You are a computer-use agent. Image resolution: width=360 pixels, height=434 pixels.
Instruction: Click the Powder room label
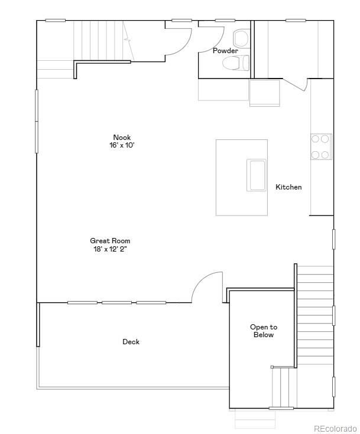point(225,51)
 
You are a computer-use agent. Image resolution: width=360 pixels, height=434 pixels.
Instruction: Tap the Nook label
point(122,137)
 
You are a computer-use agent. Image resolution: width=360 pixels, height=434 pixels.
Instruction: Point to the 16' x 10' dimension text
point(122,145)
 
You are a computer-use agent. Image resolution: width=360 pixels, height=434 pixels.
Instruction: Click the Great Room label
point(110,241)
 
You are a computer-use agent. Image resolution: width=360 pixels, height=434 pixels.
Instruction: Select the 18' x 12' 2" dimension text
point(110,249)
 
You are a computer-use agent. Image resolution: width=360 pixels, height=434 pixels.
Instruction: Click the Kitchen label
point(288,187)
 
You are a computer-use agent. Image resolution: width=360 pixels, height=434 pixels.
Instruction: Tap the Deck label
point(131,342)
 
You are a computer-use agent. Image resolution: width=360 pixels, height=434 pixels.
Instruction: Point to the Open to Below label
point(264,331)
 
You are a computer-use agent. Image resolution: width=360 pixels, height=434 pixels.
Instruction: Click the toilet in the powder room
point(235,63)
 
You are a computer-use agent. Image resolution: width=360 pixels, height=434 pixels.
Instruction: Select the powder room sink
point(240,39)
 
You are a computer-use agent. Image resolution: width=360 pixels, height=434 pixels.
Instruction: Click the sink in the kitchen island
point(257,175)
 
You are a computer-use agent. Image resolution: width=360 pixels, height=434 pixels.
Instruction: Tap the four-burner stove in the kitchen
point(321,146)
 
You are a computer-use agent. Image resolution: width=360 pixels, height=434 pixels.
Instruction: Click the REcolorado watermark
point(335,429)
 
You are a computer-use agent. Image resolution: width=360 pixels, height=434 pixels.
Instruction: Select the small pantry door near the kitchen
point(295,84)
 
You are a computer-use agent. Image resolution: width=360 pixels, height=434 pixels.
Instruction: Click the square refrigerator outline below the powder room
point(264,93)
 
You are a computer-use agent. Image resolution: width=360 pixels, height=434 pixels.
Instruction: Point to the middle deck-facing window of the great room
point(116,302)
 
